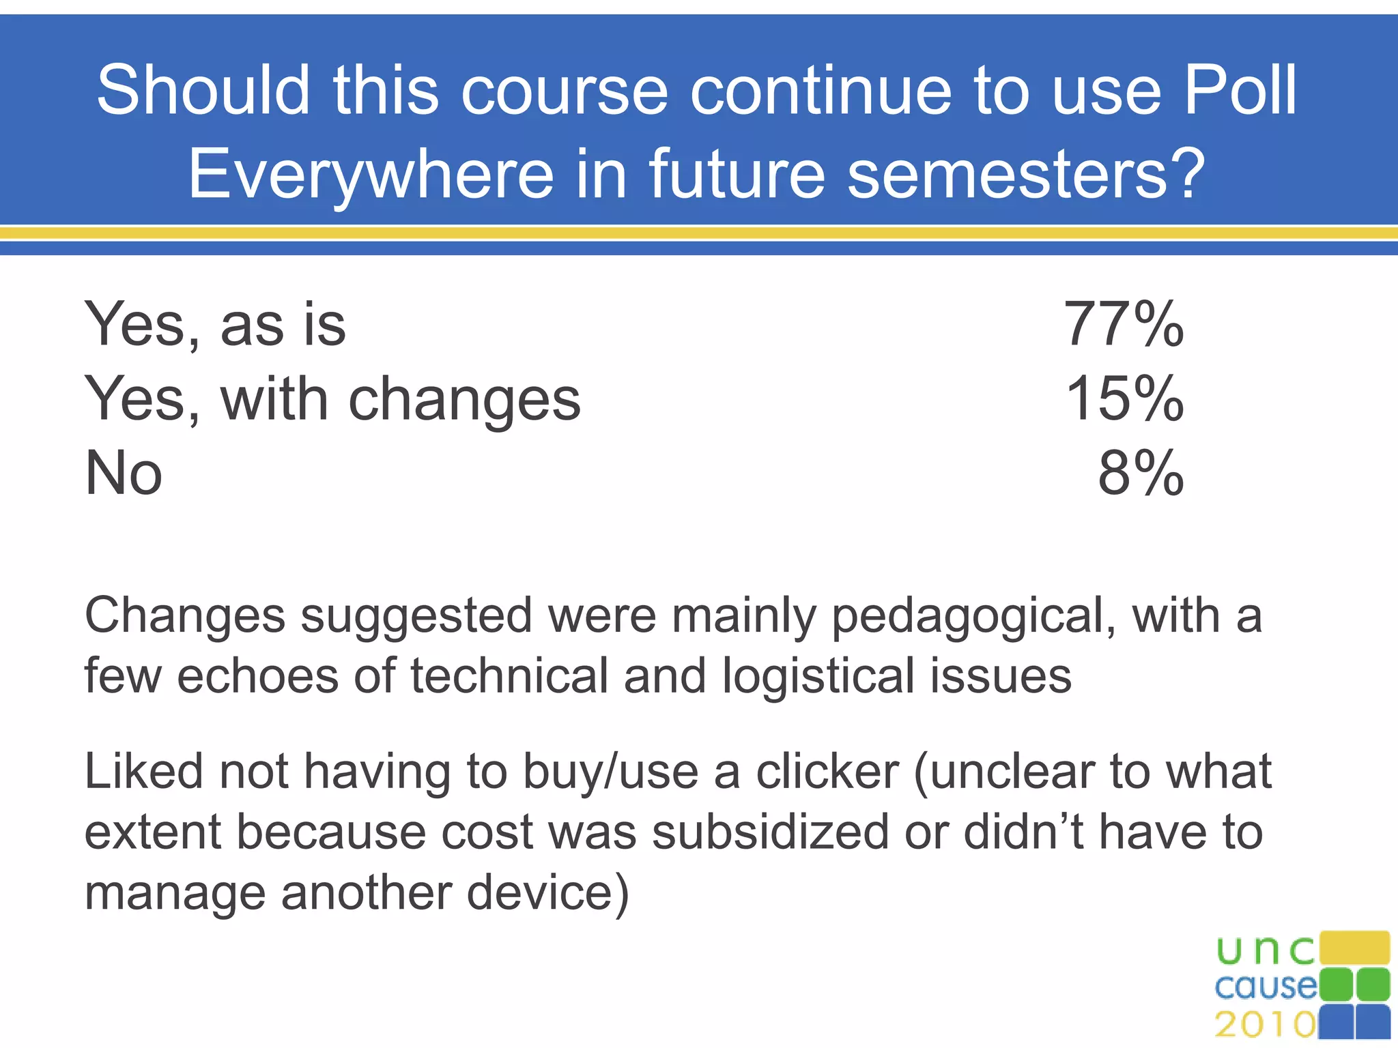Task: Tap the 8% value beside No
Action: [x=1141, y=473]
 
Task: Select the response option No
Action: [x=124, y=473]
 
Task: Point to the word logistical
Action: [x=818, y=678]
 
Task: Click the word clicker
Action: [x=827, y=772]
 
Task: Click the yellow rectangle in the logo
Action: [x=1354, y=948]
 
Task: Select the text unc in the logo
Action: [x=1265, y=950]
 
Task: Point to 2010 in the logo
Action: [x=1265, y=1024]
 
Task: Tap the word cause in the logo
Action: [x=1265, y=987]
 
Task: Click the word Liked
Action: [x=144, y=772]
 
